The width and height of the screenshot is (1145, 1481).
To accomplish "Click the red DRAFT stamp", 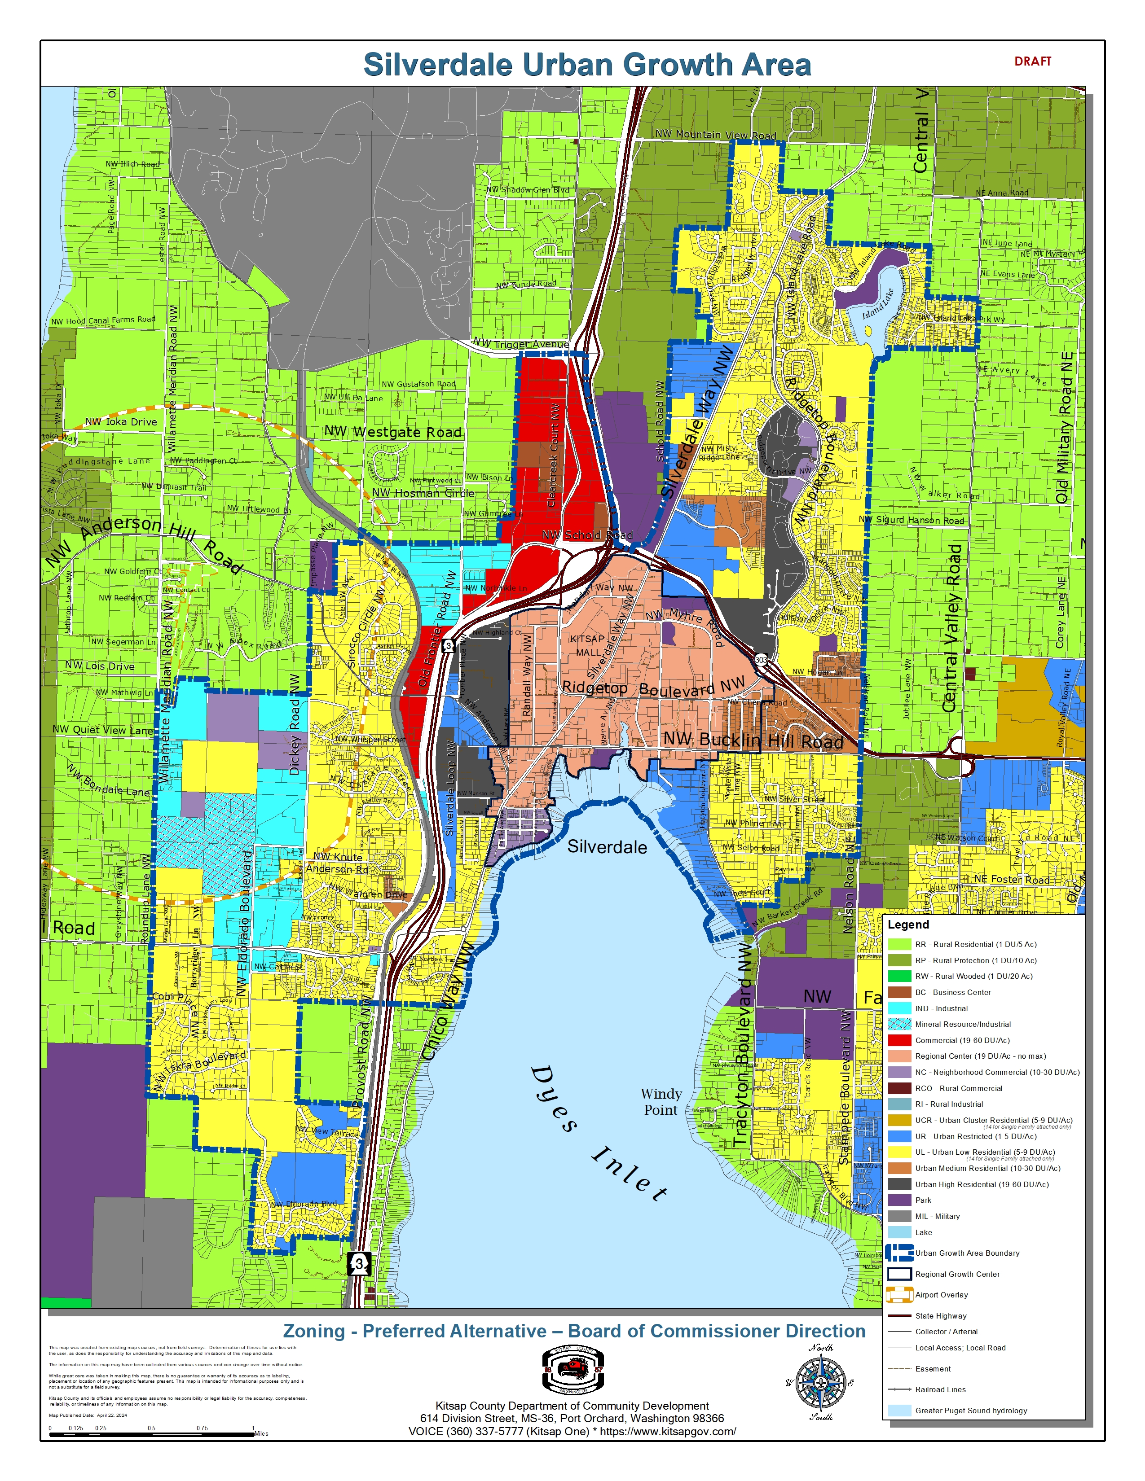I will point(1032,61).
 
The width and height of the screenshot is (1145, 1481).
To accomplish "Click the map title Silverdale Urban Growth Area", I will point(587,65).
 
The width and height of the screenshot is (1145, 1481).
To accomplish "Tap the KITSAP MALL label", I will point(587,645).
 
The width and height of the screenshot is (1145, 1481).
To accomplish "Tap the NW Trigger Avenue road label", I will point(521,344).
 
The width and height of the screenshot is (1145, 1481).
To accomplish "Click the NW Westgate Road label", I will point(393,432).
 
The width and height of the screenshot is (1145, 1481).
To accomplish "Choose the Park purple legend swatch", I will point(899,1200).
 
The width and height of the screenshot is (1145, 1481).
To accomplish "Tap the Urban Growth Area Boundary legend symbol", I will point(899,1253).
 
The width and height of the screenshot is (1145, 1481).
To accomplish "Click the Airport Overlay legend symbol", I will point(899,1294).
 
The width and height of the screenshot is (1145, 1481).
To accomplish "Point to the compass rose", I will point(821,1381).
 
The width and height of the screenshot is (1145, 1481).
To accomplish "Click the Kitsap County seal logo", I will point(573,1370).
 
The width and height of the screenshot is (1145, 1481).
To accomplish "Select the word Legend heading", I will point(907,924).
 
